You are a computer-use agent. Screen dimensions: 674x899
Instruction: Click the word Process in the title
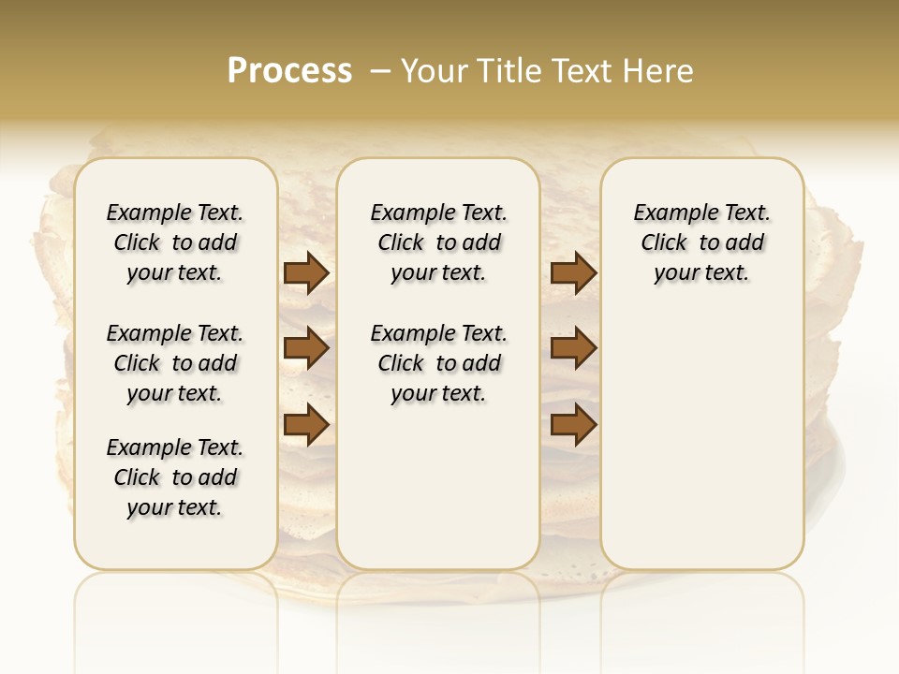coord(289,70)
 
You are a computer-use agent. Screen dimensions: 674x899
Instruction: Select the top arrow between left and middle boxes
coord(306,273)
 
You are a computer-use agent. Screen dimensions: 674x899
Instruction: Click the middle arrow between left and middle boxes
coord(306,348)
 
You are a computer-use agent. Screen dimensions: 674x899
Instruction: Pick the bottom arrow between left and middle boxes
coord(306,425)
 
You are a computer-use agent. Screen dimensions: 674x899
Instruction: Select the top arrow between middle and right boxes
coord(573,273)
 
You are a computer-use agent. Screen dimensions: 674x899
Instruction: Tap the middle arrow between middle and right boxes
coord(573,348)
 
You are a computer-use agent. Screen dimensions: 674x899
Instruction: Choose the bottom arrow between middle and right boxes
coord(573,425)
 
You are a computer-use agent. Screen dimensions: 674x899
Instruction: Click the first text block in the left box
coord(175,242)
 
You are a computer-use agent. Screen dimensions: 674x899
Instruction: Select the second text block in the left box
coord(175,363)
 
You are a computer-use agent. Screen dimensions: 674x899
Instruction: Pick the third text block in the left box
coord(175,477)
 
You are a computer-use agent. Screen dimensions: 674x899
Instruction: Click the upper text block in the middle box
coord(438,242)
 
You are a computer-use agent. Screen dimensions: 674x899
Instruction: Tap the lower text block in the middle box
coord(438,363)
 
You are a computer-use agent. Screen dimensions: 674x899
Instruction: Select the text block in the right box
coord(701,242)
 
